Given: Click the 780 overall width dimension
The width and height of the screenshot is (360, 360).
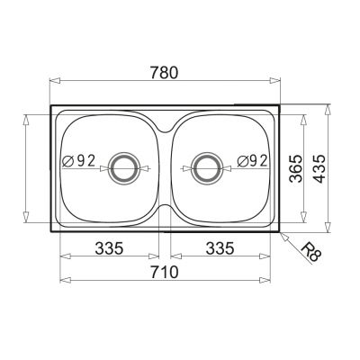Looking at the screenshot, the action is click(164, 73).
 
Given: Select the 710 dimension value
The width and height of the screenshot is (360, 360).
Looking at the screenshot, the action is click(165, 272).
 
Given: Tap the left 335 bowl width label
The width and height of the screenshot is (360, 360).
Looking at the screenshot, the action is click(109, 248).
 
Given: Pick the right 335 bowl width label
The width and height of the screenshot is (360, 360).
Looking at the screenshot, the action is click(220, 248).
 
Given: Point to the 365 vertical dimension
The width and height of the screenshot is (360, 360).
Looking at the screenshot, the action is click(295, 168).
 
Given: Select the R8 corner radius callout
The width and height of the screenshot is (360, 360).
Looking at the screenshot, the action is click(310, 253).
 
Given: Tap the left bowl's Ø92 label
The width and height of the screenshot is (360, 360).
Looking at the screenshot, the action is click(78, 161).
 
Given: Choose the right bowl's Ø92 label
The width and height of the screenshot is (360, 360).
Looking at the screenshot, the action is click(252, 161).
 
